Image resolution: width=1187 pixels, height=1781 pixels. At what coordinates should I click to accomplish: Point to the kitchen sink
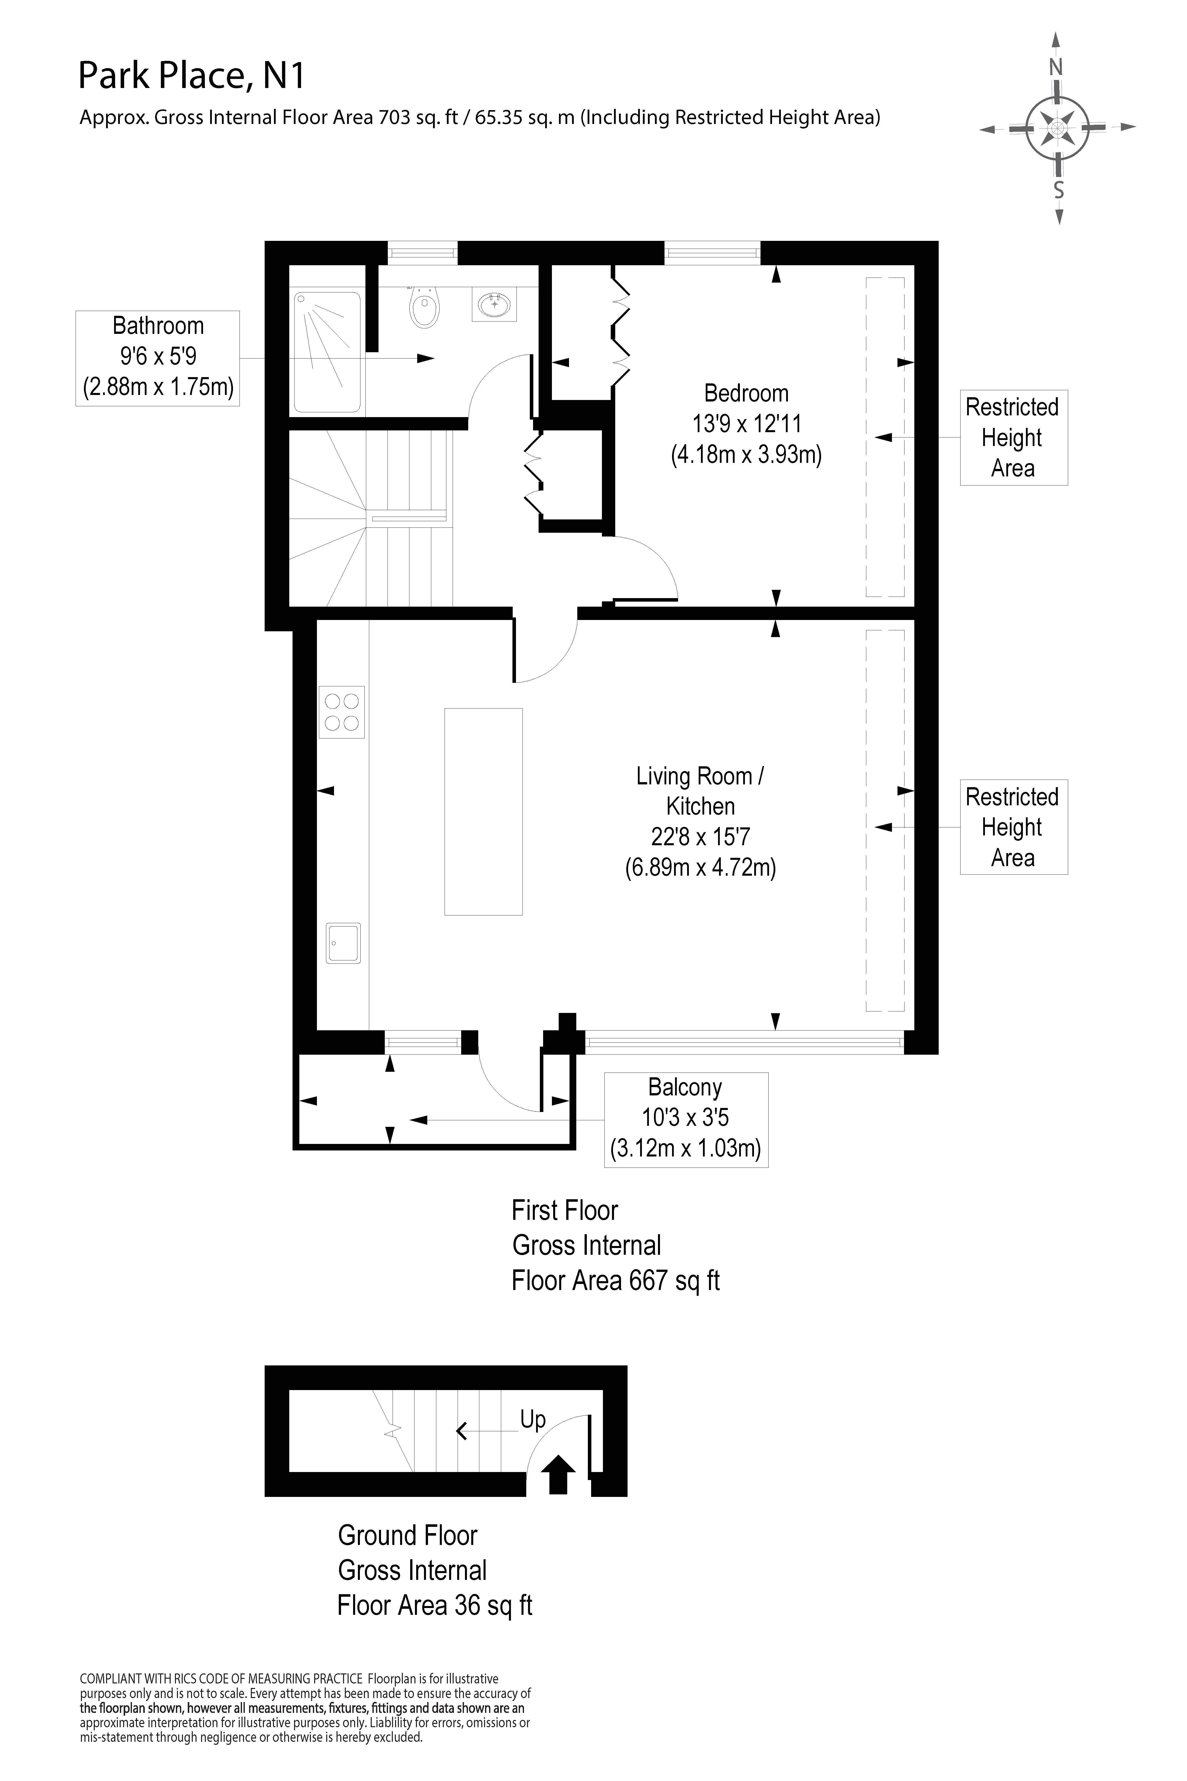coord(343,943)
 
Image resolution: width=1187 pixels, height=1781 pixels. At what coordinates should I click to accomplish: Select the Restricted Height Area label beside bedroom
coord(1013,438)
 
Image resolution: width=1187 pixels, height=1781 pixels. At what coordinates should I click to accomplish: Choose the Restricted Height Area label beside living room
coord(1013,827)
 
